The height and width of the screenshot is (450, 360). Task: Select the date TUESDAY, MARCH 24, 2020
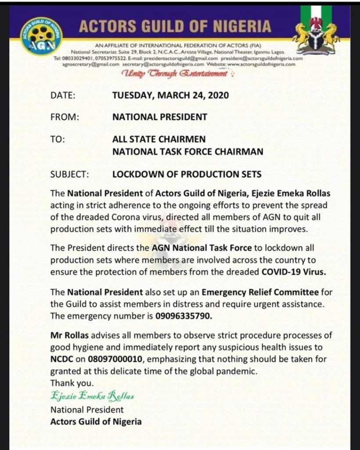coord(170,95)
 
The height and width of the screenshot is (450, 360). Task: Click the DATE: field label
coord(63,95)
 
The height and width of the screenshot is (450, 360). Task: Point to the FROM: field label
coord(65,117)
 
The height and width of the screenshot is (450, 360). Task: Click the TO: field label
coord(58,140)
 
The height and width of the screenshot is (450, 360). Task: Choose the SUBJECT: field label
coord(70,174)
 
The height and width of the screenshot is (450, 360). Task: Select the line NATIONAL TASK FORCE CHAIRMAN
coord(188,152)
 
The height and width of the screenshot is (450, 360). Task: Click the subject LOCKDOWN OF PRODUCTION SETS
coord(187,174)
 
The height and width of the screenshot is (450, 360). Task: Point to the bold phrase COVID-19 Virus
coord(294,272)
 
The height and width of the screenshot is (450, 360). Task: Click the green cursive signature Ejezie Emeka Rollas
coord(92,396)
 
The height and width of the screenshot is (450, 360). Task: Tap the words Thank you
coord(72,382)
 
